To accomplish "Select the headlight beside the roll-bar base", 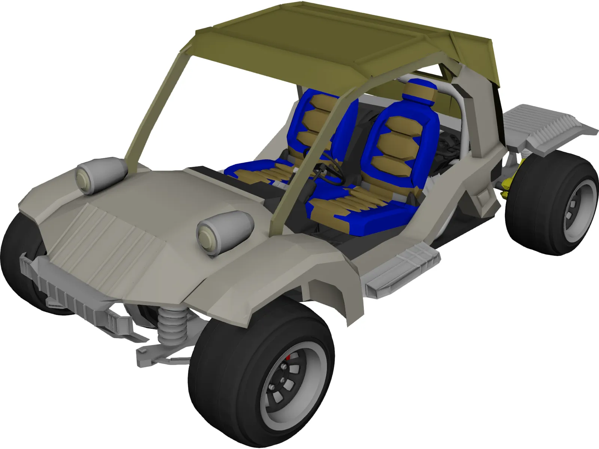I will click(x=101, y=175).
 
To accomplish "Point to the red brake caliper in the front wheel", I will click(x=288, y=360).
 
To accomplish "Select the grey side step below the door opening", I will click(x=402, y=266).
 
